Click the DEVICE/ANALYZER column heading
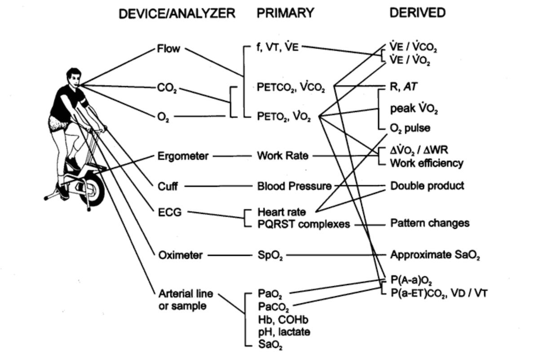[x=177, y=13]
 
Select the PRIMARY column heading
[x=285, y=13]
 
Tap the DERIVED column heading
[x=417, y=13]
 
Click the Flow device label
[x=168, y=49]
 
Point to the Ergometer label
[x=183, y=156]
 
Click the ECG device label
[x=169, y=212]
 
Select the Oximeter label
[x=181, y=255]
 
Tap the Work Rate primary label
[x=283, y=156]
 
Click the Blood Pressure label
[x=294, y=186]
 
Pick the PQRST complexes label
[x=304, y=223]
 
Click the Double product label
[x=427, y=186]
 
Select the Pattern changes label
[x=430, y=223]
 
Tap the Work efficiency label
[x=427, y=163]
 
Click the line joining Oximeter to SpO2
[x=230, y=255]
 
